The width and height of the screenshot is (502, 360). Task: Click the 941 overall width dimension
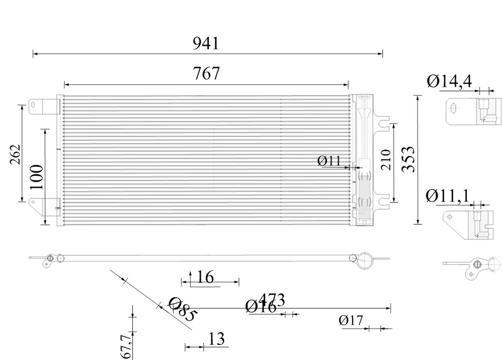click(206, 43)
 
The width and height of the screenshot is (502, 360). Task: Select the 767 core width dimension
click(207, 74)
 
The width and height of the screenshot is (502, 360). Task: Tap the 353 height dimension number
click(409, 159)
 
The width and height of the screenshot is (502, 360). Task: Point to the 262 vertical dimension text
click(15, 155)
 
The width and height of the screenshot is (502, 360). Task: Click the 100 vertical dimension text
click(37, 177)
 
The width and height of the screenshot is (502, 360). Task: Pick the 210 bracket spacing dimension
click(386, 159)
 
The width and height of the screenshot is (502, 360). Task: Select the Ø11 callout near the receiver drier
click(329, 161)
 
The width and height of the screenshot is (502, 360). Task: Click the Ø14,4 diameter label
click(449, 82)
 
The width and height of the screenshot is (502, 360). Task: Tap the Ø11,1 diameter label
click(447, 196)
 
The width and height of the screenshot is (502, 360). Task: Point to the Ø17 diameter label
click(351, 321)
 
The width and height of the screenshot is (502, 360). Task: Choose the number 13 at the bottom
click(216, 339)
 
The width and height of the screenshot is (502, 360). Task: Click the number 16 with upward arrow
click(205, 277)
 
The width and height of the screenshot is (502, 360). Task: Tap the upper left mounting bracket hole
click(33, 105)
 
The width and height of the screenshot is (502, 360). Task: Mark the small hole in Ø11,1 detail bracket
click(450, 216)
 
